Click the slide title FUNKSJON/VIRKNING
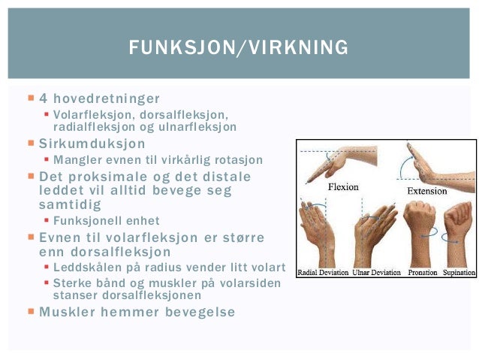click(x=239, y=48)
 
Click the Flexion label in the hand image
click(x=342, y=186)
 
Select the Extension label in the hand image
click(x=426, y=191)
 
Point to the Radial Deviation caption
click(x=323, y=272)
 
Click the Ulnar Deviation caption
click(x=377, y=272)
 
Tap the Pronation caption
click(x=423, y=272)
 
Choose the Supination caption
click(x=458, y=272)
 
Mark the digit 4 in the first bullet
click(x=44, y=98)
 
